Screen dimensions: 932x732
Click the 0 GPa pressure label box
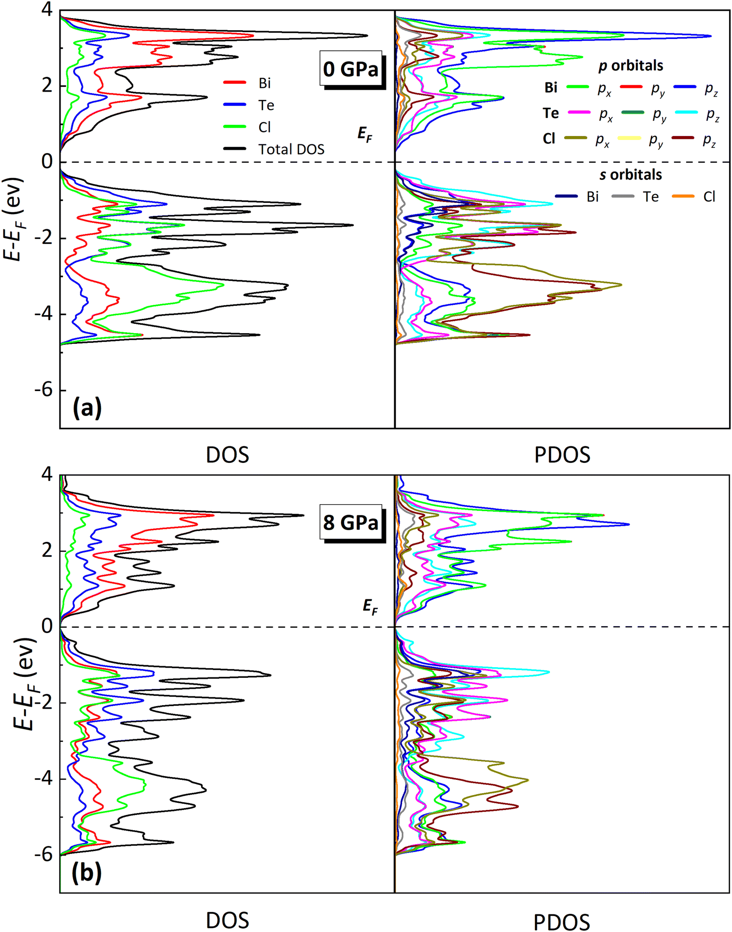tap(350, 69)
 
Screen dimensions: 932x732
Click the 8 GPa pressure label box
tap(350, 522)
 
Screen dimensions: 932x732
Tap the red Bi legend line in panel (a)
tap(235, 83)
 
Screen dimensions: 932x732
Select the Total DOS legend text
tap(291, 149)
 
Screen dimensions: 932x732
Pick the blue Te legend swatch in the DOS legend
tap(235, 105)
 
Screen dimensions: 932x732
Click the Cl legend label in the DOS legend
tap(264, 127)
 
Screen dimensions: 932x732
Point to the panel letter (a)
tap(87, 408)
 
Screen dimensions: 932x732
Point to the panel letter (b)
tap(87, 872)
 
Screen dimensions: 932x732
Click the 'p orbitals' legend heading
tap(630, 65)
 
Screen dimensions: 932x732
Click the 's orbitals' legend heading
tap(630, 175)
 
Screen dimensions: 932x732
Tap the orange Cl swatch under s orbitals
tap(683, 197)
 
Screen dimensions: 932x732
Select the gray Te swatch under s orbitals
tap(623, 197)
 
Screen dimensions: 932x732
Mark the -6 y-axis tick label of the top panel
tap(44, 391)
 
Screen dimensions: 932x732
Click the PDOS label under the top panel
tap(562, 455)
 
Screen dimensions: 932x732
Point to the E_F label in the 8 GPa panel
tap(370, 607)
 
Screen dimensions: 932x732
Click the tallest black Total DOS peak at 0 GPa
tap(366, 36)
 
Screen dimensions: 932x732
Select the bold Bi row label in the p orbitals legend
tap(551, 87)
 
